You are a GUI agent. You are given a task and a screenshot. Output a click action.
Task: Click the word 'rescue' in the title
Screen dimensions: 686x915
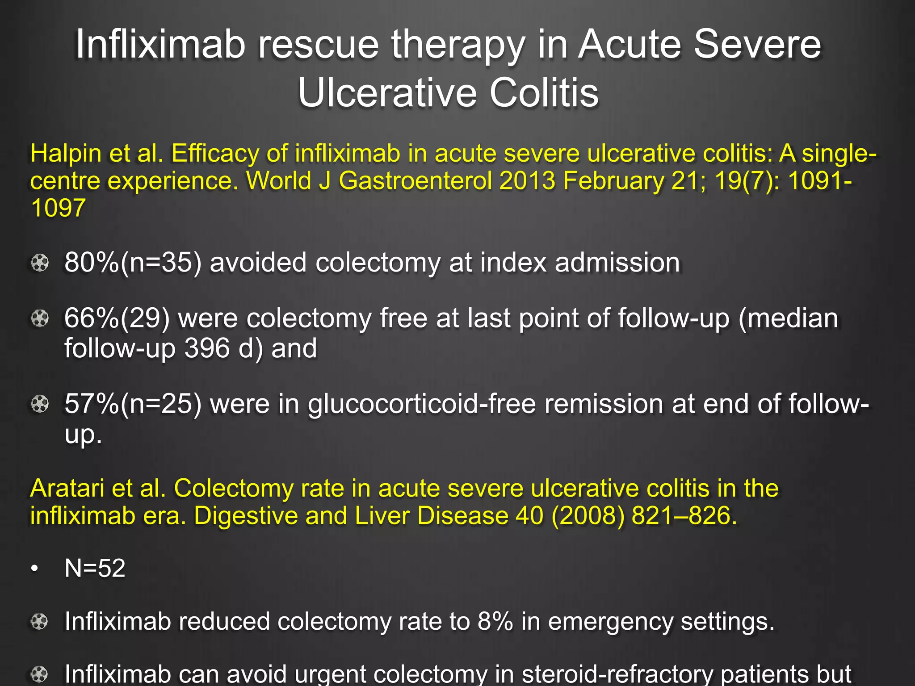tap(318, 45)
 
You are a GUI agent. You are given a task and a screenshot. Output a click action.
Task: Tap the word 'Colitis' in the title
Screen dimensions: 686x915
tap(544, 93)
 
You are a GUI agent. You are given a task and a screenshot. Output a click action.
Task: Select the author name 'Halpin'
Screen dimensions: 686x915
tap(66, 154)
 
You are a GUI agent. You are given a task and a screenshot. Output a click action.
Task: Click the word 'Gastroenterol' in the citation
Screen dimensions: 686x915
tap(415, 181)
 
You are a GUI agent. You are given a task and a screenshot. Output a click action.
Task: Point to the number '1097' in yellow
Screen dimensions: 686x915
tap(58, 208)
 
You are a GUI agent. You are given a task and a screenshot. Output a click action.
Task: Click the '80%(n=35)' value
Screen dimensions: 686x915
tap(133, 262)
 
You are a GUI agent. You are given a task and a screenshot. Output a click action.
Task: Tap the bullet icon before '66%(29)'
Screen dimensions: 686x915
tap(40, 319)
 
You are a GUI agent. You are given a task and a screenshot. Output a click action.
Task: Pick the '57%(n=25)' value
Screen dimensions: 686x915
tap(133, 404)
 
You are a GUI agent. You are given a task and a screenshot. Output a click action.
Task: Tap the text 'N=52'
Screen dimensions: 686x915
tap(95, 569)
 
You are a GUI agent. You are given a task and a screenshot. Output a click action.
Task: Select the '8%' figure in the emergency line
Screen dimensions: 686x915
tap(495, 621)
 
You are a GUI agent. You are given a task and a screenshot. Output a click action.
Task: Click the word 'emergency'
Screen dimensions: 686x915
tap(610, 622)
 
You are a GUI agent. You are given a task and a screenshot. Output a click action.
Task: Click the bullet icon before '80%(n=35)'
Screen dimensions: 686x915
tap(40, 263)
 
